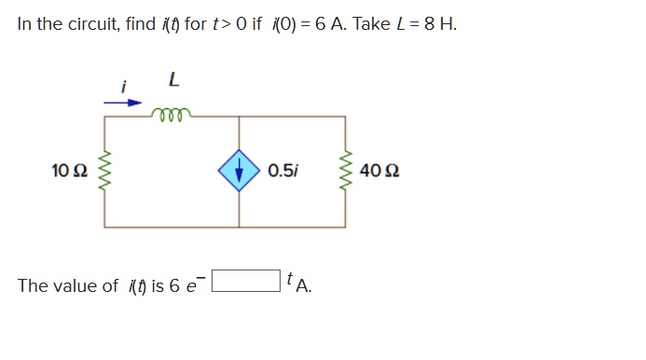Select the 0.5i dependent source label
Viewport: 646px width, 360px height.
(282, 171)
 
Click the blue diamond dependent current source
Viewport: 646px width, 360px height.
(240, 171)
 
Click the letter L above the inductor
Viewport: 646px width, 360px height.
(172, 82)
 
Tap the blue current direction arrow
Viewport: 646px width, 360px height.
(130, 103)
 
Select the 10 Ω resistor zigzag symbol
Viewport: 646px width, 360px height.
(104, 172)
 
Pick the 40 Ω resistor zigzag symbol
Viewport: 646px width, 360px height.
(348, 172)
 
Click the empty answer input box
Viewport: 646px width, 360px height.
(247, 280)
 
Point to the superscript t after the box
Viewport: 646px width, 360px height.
(291, 277)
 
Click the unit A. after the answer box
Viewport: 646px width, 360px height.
(304, 286)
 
